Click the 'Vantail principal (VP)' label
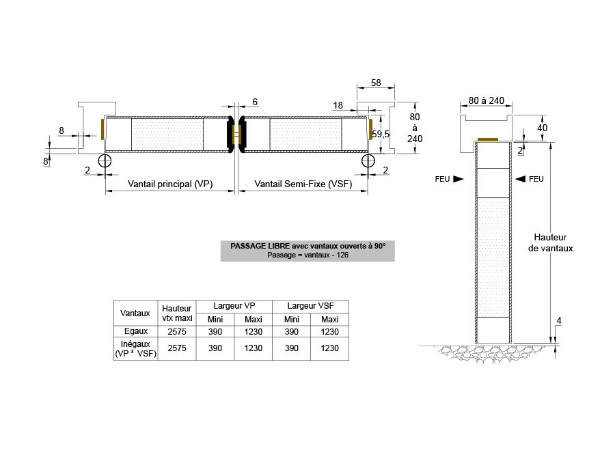[170, 184]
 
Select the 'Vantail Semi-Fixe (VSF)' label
[303, 184]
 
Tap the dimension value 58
[376, 83]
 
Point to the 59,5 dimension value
[381, 134]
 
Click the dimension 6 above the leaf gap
[255, 102]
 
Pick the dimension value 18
[338, 105]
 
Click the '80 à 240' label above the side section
[486, 101]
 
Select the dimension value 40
[542, 128]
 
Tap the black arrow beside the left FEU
[458, 179]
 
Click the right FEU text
[536, 179]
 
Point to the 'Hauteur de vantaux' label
[550, 242]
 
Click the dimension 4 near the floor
[559, 320]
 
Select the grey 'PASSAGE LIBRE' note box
[307, 251]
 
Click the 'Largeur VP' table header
[234, 306]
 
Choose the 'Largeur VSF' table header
[311, 306]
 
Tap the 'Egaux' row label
[136, 331]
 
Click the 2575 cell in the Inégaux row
[177, 348]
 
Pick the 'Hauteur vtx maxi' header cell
[177, 313]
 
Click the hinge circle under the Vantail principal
[105, 160]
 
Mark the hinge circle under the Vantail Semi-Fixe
[368, 160]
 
